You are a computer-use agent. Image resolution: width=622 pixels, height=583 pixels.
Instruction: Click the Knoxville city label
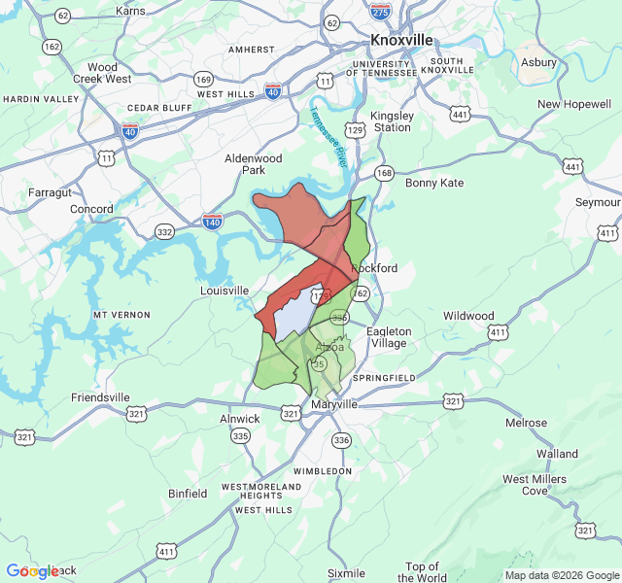[x=401, y=40]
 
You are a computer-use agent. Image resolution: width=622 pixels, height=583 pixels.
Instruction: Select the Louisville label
[x=225, y=291]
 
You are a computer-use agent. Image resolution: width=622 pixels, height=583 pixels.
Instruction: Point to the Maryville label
[x=335, y=404]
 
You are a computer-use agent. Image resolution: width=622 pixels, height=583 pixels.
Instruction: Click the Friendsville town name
[x=100, y=397]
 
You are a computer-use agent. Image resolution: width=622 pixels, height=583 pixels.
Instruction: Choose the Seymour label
[x=598, y=202]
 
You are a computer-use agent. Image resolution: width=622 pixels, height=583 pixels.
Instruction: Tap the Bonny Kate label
[x=434, y=183]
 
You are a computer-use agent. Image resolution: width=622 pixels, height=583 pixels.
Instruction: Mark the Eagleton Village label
[x=389, y=337]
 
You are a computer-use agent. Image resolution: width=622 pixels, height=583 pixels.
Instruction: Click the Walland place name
[x=557, y=453]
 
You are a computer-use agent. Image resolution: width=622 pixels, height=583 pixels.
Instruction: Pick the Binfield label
[x=188, y=494]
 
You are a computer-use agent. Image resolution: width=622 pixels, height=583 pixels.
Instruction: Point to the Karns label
[x=130, y=11]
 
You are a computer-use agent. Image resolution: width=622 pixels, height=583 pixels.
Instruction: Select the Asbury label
[x=538, y=62]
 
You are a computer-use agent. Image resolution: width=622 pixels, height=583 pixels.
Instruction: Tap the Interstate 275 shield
[x=380, y=10]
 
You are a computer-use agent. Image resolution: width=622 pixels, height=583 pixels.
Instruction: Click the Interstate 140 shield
[x=213, y=223]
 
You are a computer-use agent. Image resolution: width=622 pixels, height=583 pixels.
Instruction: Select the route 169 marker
[x=203, y=79]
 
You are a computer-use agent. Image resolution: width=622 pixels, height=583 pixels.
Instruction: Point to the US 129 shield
[x=356, y=128]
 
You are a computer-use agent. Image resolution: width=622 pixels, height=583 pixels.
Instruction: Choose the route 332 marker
[x=164, y=231]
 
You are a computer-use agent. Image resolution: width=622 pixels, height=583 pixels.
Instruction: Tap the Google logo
[x=33, y=571]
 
